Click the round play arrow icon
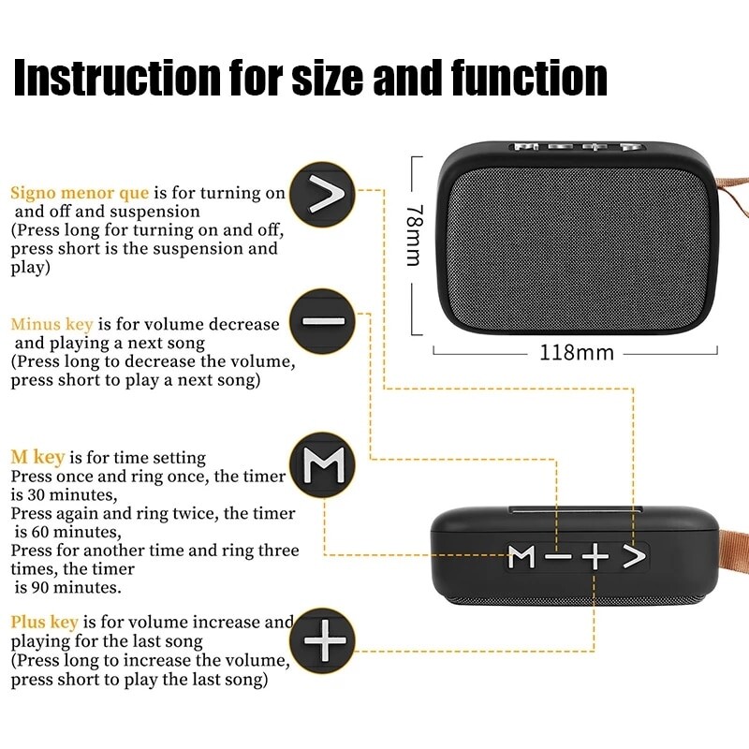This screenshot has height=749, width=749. point(323,196)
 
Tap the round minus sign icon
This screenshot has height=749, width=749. point(323,321)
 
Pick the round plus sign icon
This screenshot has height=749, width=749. point(323,642)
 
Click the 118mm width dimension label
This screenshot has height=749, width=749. point(576,353)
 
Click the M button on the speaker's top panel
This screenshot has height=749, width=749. point(521,557)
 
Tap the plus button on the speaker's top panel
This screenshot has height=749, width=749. point(595,557)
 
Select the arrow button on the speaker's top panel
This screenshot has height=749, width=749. point(634,557)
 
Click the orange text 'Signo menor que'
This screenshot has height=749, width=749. point(80,193)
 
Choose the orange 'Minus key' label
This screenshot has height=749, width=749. point(51,324)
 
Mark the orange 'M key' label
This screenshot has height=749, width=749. point(37,457)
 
